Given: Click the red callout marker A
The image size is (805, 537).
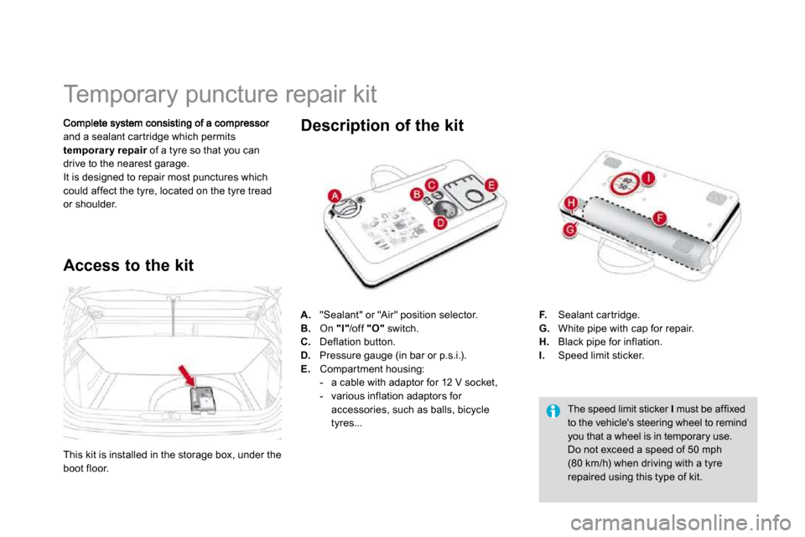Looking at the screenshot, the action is point(335,196).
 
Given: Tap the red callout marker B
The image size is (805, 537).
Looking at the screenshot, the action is point(417,195).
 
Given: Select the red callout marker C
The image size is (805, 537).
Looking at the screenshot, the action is point(432,185).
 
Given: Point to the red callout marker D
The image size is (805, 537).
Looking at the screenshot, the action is point(440,222).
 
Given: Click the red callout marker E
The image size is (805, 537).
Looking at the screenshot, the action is point(491,185).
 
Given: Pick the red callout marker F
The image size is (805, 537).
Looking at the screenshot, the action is point(660,218).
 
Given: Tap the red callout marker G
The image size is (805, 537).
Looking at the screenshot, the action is point(570,230).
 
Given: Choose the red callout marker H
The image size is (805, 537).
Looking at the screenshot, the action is point(571,204).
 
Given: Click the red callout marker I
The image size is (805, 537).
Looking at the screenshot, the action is point(649,178).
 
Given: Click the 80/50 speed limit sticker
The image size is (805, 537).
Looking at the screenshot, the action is point(624,184).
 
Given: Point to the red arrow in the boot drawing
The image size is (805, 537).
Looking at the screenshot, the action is point(187,376).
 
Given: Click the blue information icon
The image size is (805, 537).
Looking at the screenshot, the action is point(553,411).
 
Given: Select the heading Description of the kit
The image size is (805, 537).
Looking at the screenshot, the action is point(382,125).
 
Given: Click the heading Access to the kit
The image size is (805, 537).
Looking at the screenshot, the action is point(128,265).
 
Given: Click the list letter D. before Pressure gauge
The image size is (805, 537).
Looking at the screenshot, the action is point(306,355).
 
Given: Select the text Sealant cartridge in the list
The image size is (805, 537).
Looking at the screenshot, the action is point(598,315).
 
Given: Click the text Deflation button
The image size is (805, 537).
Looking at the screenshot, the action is point(357,341).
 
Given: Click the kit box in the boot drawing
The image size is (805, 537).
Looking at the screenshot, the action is point(203,399).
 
